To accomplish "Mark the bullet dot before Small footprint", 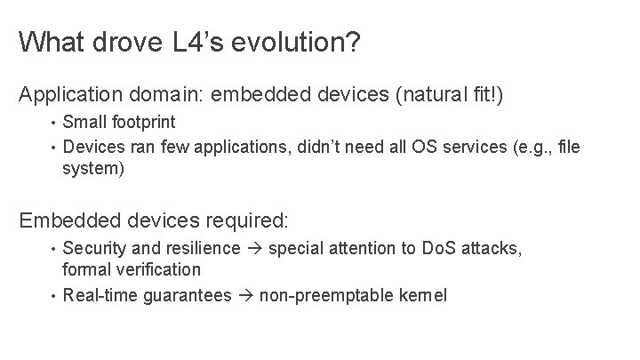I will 53,122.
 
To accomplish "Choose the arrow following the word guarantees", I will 244,294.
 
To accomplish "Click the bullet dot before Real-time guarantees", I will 53,294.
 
